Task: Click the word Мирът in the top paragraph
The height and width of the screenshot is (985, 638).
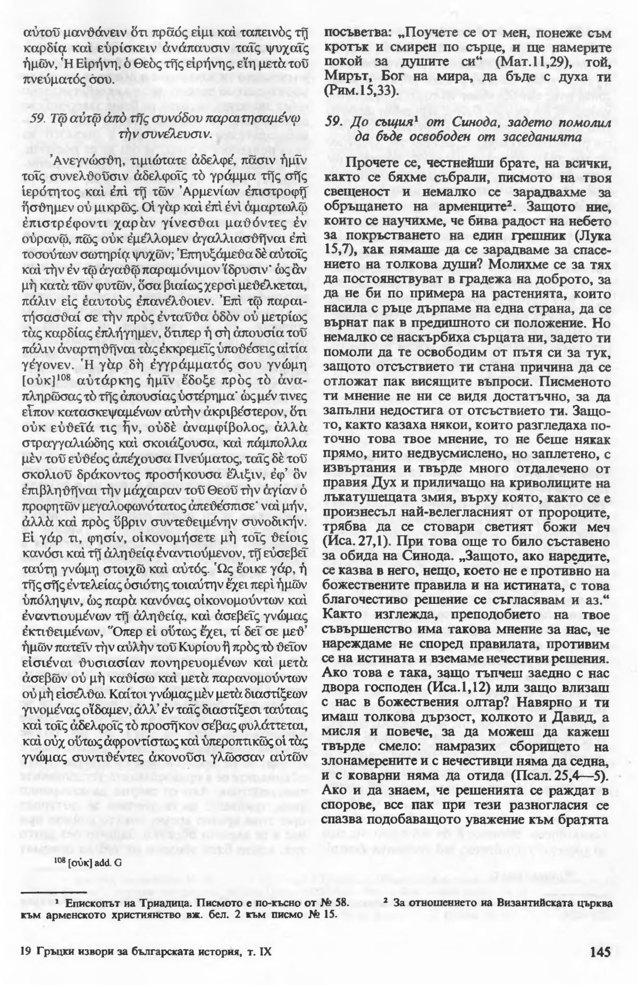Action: tap(347, 77)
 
